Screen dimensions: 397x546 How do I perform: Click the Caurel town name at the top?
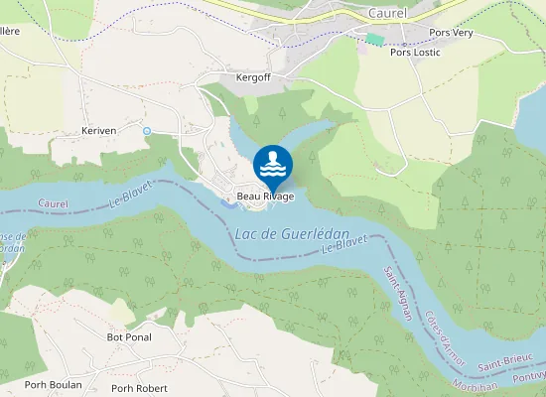(x=386, y=13)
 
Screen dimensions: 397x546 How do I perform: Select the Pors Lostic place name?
(x=415, y=52)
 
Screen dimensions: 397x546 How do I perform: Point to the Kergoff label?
(x=253, y=76)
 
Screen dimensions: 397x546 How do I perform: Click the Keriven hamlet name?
(x=99, y=130)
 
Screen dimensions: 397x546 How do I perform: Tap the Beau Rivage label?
(x=265, y=197)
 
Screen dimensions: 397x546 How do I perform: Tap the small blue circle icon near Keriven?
(x=147, y=131)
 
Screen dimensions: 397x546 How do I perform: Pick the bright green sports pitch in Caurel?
(x=374, y=39)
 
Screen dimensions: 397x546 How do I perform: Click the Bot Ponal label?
(x=128, y=336)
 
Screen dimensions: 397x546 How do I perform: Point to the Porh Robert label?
(x=138, y=388)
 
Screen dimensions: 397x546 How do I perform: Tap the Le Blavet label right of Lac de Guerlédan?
(x=344, y=243)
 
